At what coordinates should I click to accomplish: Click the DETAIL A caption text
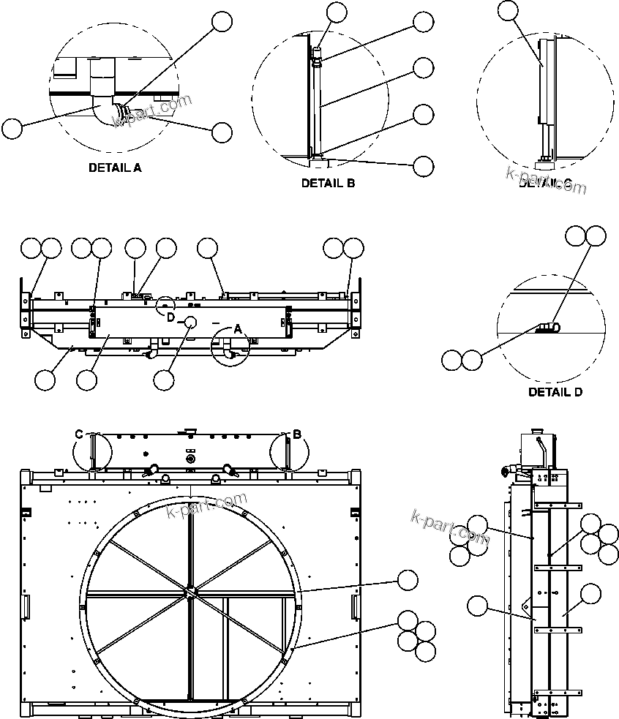tap(115, 167)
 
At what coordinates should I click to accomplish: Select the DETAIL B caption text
tap(328, 184)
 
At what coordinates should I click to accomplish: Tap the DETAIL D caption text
tap(555, 392)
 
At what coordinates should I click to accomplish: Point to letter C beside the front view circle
tap(79, 434)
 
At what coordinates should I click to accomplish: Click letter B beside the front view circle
tap(297, 434)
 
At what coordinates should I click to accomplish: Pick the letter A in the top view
tap(237, 329)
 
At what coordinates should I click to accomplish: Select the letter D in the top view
tap(170, 317)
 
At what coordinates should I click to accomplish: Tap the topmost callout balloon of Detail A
tap(222, 23)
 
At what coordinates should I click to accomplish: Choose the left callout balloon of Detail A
tap(12, 129)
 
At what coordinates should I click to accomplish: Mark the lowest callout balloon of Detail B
tap(423, 166)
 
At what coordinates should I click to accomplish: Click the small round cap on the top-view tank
tap(190, 323)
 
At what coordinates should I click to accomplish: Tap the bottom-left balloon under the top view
tap(45, 380)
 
